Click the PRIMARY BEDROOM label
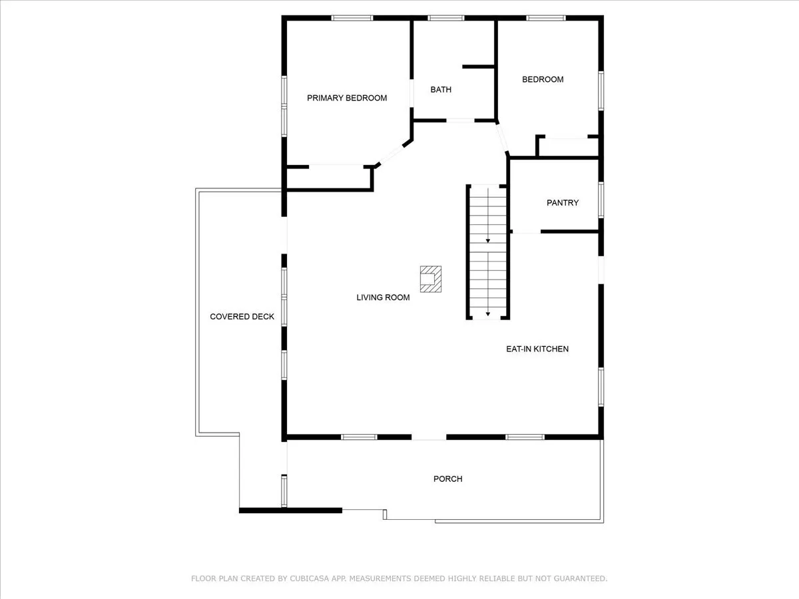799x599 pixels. point(347,98)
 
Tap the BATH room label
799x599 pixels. point(441,89)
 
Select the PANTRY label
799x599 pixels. point(563,202)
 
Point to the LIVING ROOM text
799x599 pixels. point(383,298)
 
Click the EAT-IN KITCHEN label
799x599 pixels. point(537,349)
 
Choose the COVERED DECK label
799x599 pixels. point(242,317)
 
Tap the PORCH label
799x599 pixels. point(447,479)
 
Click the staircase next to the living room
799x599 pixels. point(488,252)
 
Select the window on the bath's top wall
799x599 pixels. point(446,18)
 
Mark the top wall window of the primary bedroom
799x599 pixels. point(352,18)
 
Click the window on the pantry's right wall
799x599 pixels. point(601,200)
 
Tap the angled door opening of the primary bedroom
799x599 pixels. point(392,155)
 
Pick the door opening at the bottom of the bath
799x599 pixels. point(461,120)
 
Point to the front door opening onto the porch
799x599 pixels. point(429,437)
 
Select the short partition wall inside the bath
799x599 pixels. point(478,67)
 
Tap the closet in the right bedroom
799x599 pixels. point(569,147)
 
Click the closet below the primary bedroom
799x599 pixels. point(329,178)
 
